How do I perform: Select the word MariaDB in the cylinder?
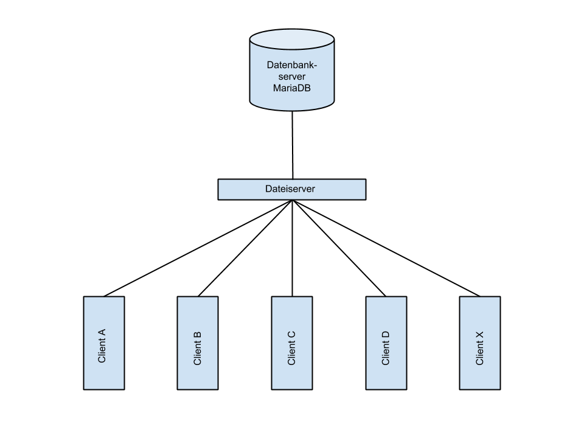pyautogui.click(x=292, y=89)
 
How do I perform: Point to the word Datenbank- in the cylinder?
pyautogui.click(x=292, y=64)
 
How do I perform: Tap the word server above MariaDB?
pyautogui.click(x=292, y=77)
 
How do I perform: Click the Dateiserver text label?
pyautogui.click(x=290, y=189)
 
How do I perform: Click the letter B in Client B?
pyautogui.click(x=197, y=334)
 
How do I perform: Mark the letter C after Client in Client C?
pyautogui.click(x=291, y=334)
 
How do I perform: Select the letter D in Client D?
pyautogui.click(x=386, y=334)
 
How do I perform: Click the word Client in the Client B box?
pyautogui.click(x=197, y=353)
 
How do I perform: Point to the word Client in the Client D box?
pyautogui.click(x=386, y=353)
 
